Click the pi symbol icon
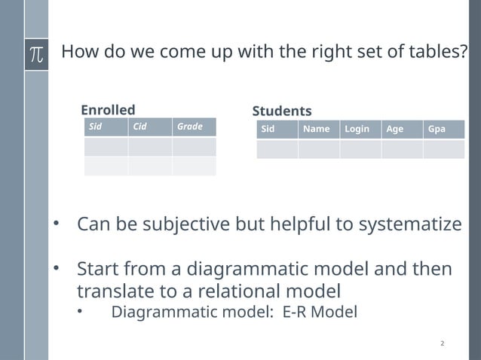pyautogui.click(x=35, y=54)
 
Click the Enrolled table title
pyautogui.click(x=108, y=110)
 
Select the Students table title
pyautogui.click(x=281, y=111)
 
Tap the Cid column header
pyautogui.click(x=140, y=127)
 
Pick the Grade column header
pyautogui.click(x=190, y=127)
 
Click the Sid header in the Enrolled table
pyautogui.click(x=96, y=127)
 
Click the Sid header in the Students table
pyautogui.click(x=268, y=129)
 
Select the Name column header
pyautogui.click(x=316, y=129)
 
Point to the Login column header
pyautogui.click(x=357, y=129)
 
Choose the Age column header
pyautogui.click(x=394, y=129)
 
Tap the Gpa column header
pyautogui.click(x=437, y=129)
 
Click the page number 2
pyautogui.click(x=442, y=344)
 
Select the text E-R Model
pyautogui.click(x=320, y=312)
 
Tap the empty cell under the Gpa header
pyautogui.click(x=443, y=149)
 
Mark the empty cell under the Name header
pyautogui.click(x=319, y=149)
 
